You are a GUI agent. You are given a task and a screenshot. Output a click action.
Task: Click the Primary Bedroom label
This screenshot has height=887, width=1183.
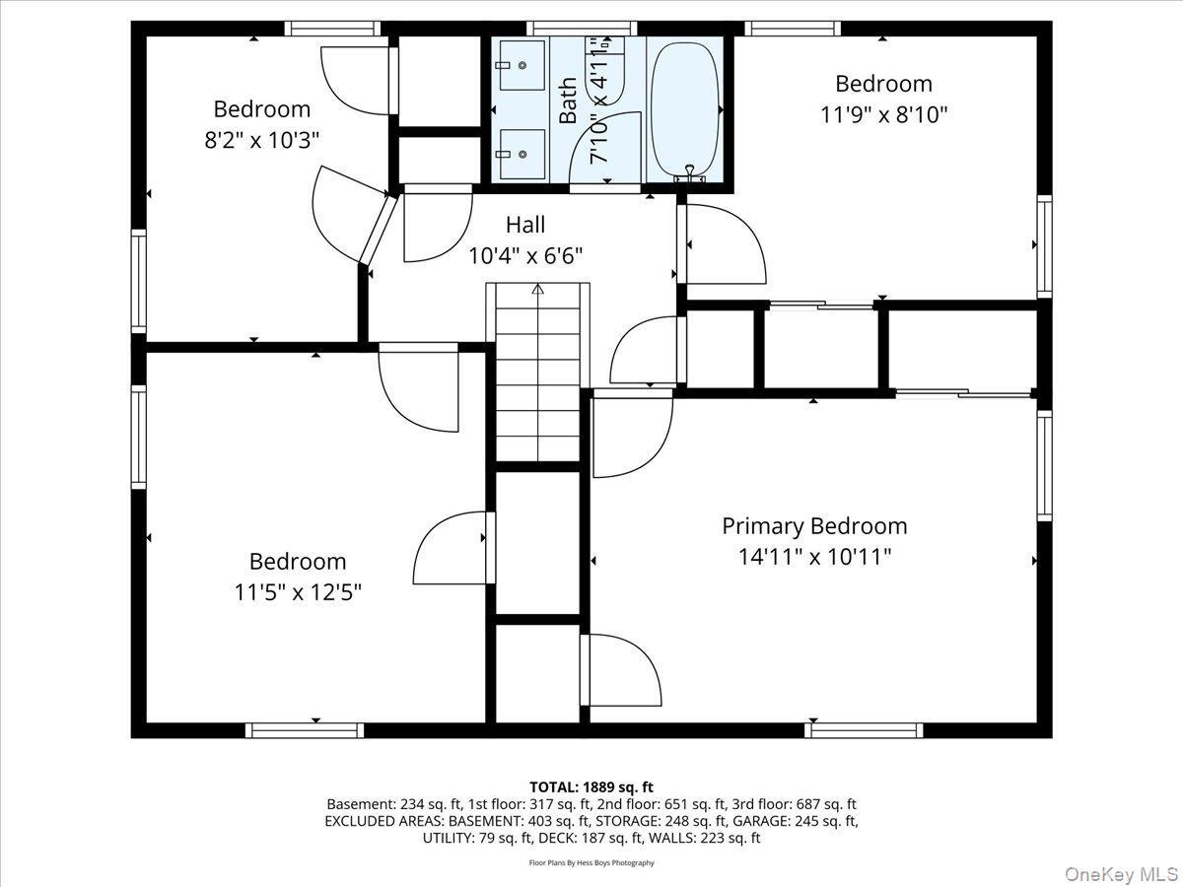814,526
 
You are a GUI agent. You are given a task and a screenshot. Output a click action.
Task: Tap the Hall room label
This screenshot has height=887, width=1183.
525,225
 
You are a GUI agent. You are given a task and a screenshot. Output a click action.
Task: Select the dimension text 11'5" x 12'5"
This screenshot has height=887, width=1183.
298,593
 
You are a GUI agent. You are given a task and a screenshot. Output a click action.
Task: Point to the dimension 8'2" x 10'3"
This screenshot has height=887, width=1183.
262,140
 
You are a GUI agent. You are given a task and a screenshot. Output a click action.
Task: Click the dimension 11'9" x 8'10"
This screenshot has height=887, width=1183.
883,114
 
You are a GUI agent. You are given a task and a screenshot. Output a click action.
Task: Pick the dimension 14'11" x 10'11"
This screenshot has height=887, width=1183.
814,558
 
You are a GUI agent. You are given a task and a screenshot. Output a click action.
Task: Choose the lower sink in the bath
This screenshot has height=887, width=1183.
522,154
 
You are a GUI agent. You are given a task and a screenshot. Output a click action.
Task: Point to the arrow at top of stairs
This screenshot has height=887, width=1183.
537,290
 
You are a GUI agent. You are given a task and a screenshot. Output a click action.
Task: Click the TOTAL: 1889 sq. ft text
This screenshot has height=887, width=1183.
591,786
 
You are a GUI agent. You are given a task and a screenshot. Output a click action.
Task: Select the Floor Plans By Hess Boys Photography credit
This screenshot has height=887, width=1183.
591,863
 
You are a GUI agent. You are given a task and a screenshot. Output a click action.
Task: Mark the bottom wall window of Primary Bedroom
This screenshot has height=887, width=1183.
864,730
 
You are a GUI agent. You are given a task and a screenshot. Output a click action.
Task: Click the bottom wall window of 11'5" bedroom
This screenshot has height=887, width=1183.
305,730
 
